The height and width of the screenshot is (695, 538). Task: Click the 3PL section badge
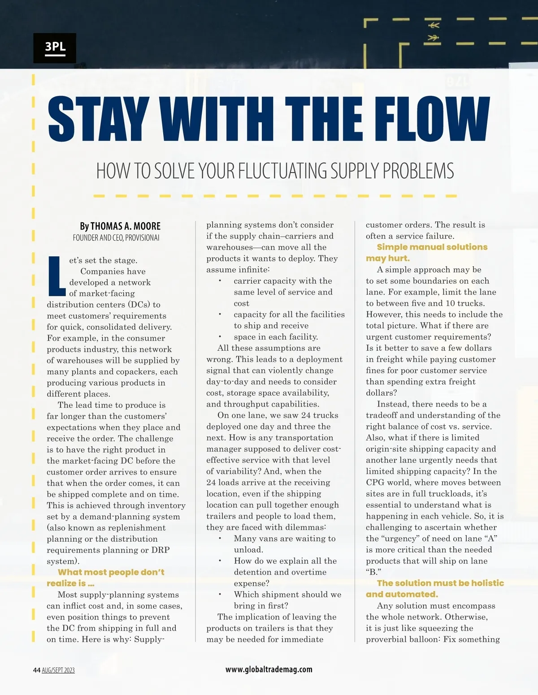pos(55,47)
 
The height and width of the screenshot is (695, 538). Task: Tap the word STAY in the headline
pos(98,119)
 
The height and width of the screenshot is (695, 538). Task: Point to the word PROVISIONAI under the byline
pos(142,237)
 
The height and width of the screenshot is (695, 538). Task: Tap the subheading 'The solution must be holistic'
pos(440,583)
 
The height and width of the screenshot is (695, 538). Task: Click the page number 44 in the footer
pos(37,670)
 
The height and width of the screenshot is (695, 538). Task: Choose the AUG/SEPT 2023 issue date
pos(58,670)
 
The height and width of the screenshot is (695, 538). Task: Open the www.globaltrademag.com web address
pos(269,669)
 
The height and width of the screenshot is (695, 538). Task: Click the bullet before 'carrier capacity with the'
pos(220,281)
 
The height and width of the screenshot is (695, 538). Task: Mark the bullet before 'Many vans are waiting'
pos(220,539)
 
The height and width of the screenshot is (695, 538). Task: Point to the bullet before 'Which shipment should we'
pos(220,595)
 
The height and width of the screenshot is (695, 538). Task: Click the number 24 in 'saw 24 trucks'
pos(306,415)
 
